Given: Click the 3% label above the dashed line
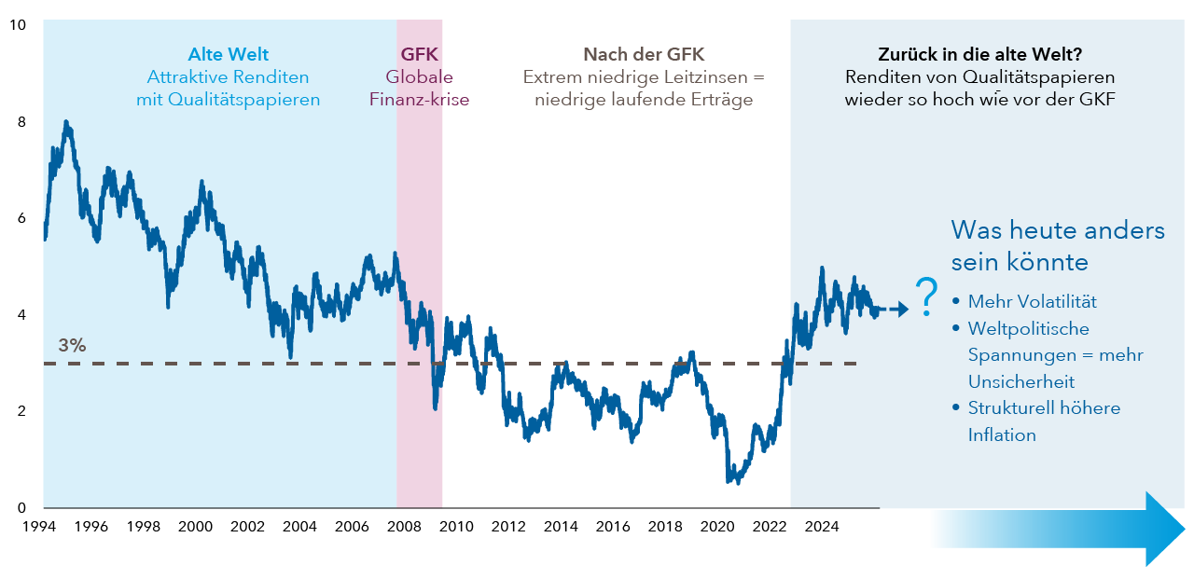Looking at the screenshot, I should pos(72,345).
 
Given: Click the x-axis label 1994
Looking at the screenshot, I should pos(39,527).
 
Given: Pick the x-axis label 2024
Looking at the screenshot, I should pos(822,527).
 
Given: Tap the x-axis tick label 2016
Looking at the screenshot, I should pos(613,527).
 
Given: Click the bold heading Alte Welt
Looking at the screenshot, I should pos(229,54).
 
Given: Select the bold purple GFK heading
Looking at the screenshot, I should pos(420,54).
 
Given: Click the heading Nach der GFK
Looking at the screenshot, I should pos(644,54).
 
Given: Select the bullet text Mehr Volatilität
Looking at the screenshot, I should pos(1032,302).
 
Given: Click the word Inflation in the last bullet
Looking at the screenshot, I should pos(1002,434).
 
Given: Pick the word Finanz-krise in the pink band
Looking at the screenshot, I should pos(420,100).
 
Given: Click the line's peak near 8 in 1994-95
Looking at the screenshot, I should pos(66,123).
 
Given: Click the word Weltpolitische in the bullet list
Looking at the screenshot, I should pos(1028,328).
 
